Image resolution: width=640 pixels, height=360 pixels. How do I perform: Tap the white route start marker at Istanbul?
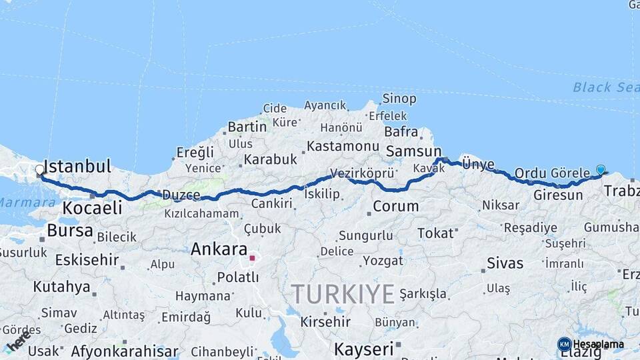(39, 170)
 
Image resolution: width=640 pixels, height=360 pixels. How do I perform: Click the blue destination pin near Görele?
(601, 169)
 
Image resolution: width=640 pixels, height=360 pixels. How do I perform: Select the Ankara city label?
(219, 249)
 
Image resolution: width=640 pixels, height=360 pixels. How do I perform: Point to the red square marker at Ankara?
(252, 257)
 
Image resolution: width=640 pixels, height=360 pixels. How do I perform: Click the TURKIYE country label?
(343, 293)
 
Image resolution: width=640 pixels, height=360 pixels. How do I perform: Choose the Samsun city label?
(413, 151)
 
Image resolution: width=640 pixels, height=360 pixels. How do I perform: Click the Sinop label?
(399, 99)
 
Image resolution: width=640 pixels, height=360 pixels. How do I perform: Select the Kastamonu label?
(343, 145)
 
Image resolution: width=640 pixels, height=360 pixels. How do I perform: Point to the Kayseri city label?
(364, 349)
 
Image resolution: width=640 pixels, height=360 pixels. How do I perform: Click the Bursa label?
(70, 231)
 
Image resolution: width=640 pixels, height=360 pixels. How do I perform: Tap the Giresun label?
(559, 195)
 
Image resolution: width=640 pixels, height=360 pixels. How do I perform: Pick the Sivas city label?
(505, 263)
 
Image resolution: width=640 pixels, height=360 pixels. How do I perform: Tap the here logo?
(18, 341)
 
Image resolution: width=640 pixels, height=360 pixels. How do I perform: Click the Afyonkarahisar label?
(125, 351)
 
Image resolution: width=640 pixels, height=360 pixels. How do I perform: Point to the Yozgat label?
(382, 261)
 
